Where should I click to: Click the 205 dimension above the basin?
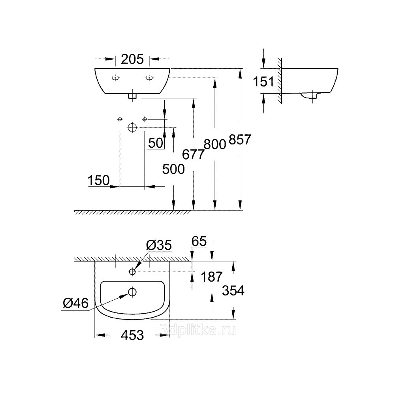click(x=132, y=60)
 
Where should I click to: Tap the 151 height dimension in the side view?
click(x=263, y=81)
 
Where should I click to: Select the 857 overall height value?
click(x=240, y=139)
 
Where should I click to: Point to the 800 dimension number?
click(x=214, y=144)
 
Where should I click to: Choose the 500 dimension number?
click(x=173, y=169)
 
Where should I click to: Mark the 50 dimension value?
click(x=155, y=143)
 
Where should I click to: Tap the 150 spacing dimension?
click(x=99, y=181)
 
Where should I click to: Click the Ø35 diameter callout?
click(x=159, y=245)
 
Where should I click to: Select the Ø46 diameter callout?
click(x=76, y=303)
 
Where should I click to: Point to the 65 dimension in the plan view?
click(x=199, y=241)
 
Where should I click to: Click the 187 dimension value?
click(x=212, y=277)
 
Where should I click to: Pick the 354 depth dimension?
click(x=233, y=291)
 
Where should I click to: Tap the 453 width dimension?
click(x=132, y=335)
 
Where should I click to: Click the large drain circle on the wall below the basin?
click(x=132, y=128)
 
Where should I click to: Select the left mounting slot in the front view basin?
click(x=115, y=78)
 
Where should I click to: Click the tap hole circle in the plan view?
click(x=132, y=272)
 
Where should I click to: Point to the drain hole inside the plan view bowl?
click(x=132, y=292)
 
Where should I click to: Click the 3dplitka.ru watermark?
click(x=198, y=330)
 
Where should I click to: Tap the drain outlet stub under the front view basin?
click(x=132, y=96)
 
